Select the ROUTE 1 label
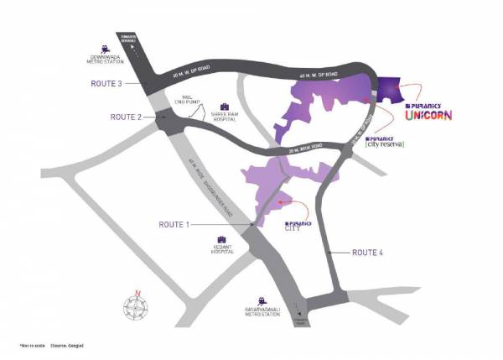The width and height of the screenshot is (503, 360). (x=176, y=224)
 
